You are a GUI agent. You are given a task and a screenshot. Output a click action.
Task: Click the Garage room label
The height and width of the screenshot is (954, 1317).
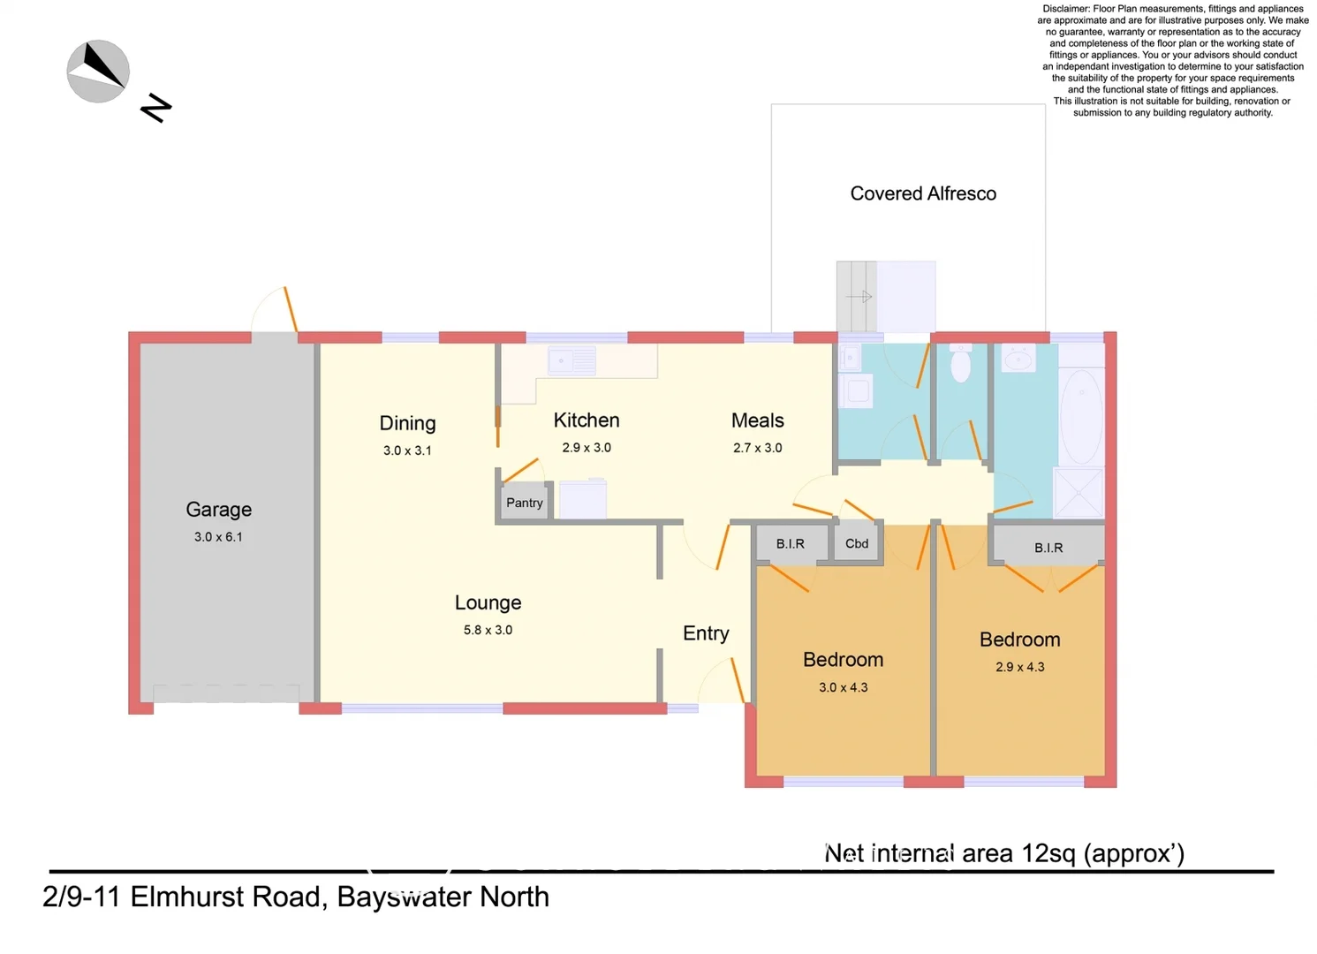(x=218, y=510)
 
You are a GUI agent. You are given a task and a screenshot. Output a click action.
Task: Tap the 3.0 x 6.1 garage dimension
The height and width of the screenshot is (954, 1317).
(x=218, y=537)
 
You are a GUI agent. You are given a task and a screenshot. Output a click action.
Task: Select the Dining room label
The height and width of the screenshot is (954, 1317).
(x=407, y=423)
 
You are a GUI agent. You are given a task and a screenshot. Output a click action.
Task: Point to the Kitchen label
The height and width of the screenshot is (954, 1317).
(x=587, y=420)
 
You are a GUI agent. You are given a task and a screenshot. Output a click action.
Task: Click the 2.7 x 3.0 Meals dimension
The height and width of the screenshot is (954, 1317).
(x=757, y=448)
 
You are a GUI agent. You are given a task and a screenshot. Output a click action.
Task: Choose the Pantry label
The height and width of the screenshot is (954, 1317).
(x=524, y=503)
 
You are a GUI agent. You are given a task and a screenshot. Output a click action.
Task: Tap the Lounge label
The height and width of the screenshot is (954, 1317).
(x=488, y=602)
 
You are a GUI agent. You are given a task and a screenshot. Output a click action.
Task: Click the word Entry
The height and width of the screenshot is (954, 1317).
(x=706, y=633)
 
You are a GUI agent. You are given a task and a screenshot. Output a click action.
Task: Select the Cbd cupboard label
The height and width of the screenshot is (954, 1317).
(x=857, y=543)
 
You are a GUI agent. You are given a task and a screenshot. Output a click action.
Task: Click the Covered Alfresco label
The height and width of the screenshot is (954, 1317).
(x=923, y=193)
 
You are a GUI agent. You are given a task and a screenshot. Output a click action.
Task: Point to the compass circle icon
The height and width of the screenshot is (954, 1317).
(x=98, y=72)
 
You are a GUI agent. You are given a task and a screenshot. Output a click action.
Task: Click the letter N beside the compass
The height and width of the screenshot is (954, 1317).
(x=156, y=108)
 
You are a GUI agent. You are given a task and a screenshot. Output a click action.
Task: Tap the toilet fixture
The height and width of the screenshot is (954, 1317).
(x=960, y=363)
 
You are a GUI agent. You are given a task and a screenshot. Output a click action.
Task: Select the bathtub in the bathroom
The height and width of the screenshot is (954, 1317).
(x=1081, y=415)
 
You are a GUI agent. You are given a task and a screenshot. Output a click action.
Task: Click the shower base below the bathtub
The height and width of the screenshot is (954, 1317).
(x=1079, y=493)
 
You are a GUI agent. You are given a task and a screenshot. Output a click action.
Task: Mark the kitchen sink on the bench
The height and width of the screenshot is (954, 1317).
(x=571, y=361)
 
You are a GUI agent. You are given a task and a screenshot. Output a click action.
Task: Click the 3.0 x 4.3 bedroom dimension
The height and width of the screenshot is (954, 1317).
(x=843, y=687)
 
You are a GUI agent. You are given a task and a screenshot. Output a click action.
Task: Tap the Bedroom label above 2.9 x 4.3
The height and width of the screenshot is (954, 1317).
(x=1019, y=640)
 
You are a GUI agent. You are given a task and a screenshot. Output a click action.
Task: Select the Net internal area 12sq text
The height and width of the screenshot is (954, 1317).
(x=1003, y=853)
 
